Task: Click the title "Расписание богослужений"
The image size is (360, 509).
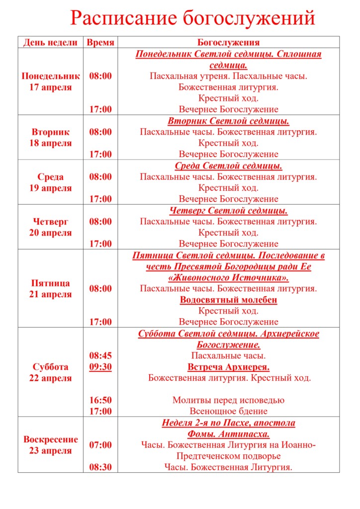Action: pyautogui.click(x=192, y=18)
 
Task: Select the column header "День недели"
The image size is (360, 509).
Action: pyautogui.click(x=50, y=42)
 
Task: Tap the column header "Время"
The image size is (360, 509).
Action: pyautogui.click(x=100, y=42)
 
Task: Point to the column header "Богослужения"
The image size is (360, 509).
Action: pyautogui.click(x=228, y=42)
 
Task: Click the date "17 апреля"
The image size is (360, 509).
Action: pyautogui.click(x=50, y=87)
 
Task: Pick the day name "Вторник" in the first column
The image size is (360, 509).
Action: pyautogui.click(x=50, y=132)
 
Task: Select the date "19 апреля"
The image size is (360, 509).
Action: pyautogui.click(x=50, y=188)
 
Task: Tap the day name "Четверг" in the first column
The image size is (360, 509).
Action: pyautogui.click(x=50, y=222)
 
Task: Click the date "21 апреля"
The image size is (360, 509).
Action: pyautogui.click(x=50, y=294)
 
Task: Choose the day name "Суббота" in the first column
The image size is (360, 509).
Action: pyautogui.click(x=50, y=367)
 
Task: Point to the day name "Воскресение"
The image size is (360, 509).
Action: pyautogui.click(x=50, y=439)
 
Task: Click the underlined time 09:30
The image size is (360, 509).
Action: pyautogui.click(x=100, y=367)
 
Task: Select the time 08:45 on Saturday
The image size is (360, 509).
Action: pyautogui.click(x=100, y=355)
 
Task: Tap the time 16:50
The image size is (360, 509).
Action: pyautogui.click(x=100, y=400)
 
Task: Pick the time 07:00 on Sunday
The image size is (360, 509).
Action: pyautogui.click(x=100, y=445)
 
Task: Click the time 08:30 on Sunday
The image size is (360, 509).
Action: pyautogui.click(x=100, y=467)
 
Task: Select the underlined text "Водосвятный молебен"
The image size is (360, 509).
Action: pyautogui.click(x=228, y=300)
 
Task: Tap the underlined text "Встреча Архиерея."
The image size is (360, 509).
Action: pyautogui.click(x=228, y=367)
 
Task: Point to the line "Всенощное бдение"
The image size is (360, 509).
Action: pyautogui.click(x=228, y=411)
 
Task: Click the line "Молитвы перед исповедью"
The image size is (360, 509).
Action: pyautogui.click(x=228, y=400)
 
